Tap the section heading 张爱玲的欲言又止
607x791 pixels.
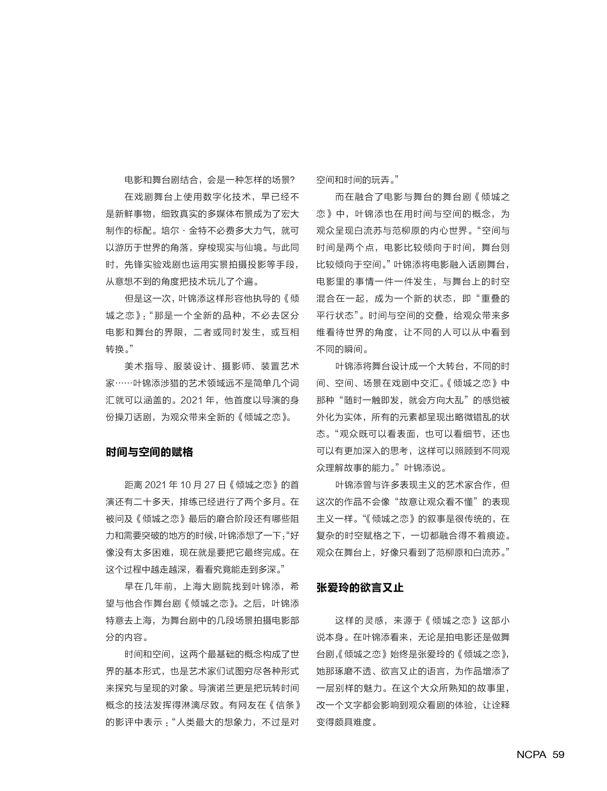point(360,587)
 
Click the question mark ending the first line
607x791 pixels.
point(292,180)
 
